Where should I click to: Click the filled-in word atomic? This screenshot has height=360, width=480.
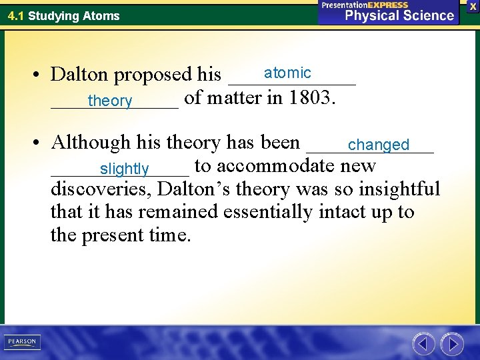[x=287, y=73]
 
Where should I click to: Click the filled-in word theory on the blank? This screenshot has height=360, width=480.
[x=110, y=101]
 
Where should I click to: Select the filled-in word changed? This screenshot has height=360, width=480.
[x=378, y=145]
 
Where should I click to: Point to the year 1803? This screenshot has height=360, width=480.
[x=312, y=98]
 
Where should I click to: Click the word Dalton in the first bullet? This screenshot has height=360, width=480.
[x=81, y=74]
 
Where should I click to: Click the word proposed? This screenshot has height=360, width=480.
[x=153, y=75]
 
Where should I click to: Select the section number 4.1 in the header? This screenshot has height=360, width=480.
[x=16, y=15]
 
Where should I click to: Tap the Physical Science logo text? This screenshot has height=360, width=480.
[x=399, y=15]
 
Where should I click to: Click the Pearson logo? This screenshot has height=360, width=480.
[x=22, y=342]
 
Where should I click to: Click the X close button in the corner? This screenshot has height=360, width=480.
[x=473, y=6]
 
